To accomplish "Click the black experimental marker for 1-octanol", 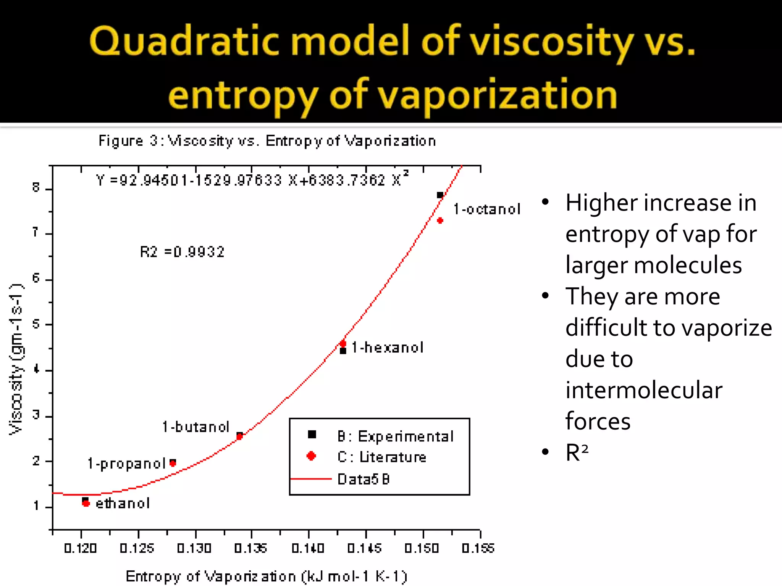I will (x=440, y=195).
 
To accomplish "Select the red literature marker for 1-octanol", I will (x=440, y=221).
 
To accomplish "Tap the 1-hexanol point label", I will (x=387, y=348).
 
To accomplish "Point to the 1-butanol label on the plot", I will (x=195, y=427).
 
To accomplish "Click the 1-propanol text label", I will (x=126, y=464).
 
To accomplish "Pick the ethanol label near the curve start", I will (x=123, y=504).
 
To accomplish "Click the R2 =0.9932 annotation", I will (x=182, y=252).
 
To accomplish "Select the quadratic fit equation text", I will (x=252, y=180).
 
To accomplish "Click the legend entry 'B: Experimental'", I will (x=395, y=436).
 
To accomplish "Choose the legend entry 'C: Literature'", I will (x=381, y=457).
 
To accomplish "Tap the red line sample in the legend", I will (x=311, y=478).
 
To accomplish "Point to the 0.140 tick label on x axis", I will (x=308, y=548).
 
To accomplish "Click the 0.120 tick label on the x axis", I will (x=80, y=548).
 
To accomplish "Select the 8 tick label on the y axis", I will (x=36, y=187).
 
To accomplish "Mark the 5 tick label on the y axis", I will (x=36, y=324).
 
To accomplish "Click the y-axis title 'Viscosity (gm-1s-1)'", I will (x=16, y=359).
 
